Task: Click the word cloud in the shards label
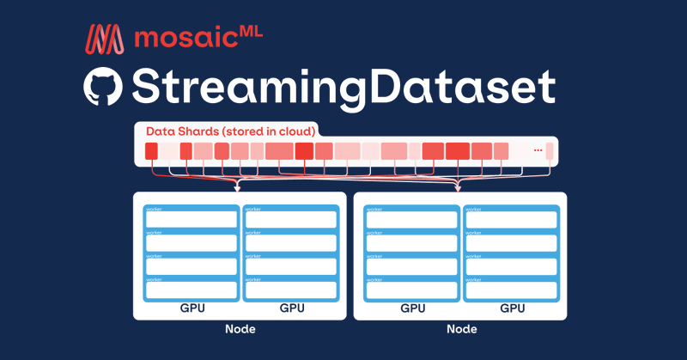(x=295, y=131)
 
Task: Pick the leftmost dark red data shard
(x=151, y=152)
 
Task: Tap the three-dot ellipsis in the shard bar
(x=538, y=150)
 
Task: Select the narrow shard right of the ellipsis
(x=550, y=152)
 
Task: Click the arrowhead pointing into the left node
(x=238, y=187)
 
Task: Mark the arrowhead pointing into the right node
(x=458, y=187)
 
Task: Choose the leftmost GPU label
(x=192, y=308)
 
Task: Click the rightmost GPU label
(x=513, y=308)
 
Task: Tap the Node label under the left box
(x=240, y=330)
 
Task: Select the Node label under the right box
(x=462, y=330)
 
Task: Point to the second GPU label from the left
(x=291, y=308)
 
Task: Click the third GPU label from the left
(x=413, y=308)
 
